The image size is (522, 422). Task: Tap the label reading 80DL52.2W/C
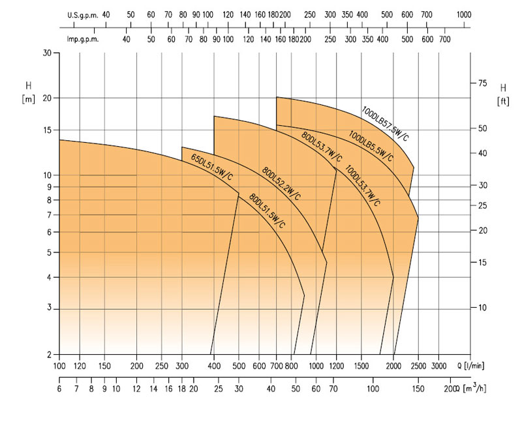coord(281,183)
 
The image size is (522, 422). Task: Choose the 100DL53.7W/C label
coord(363,185)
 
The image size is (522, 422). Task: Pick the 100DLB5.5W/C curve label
coord(371,145)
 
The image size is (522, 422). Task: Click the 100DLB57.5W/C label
coord(385,123)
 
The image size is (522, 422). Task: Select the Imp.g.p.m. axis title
coord(82,39)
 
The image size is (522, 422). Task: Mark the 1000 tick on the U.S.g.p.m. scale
coord(464,14)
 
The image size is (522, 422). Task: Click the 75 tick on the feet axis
coord(484,83)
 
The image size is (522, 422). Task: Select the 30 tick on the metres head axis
coord(47,53)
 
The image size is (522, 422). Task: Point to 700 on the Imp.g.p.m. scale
coord(445,39)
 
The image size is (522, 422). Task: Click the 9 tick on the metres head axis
coord(49,187)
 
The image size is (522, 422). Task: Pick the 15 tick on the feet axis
coord(484,262)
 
